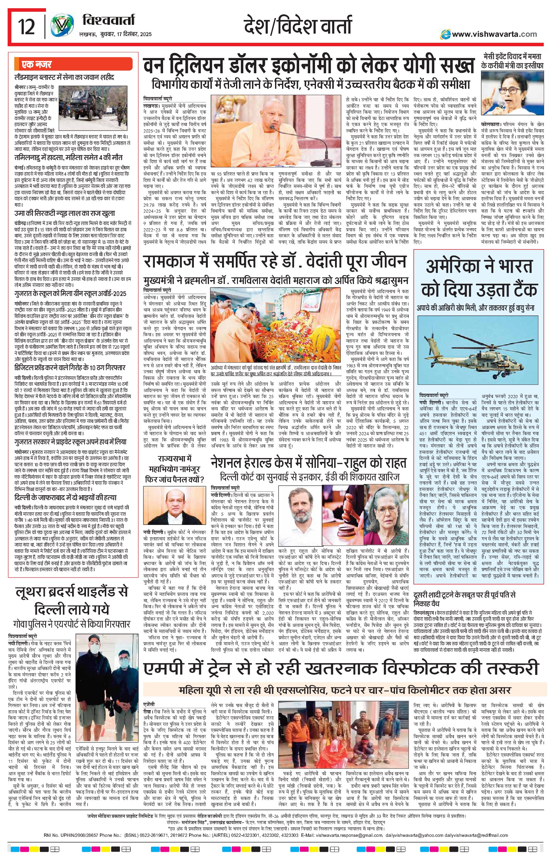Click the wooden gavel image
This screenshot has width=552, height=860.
pos(342,512)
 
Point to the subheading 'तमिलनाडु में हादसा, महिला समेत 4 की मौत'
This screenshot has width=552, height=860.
pos(69,157)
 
